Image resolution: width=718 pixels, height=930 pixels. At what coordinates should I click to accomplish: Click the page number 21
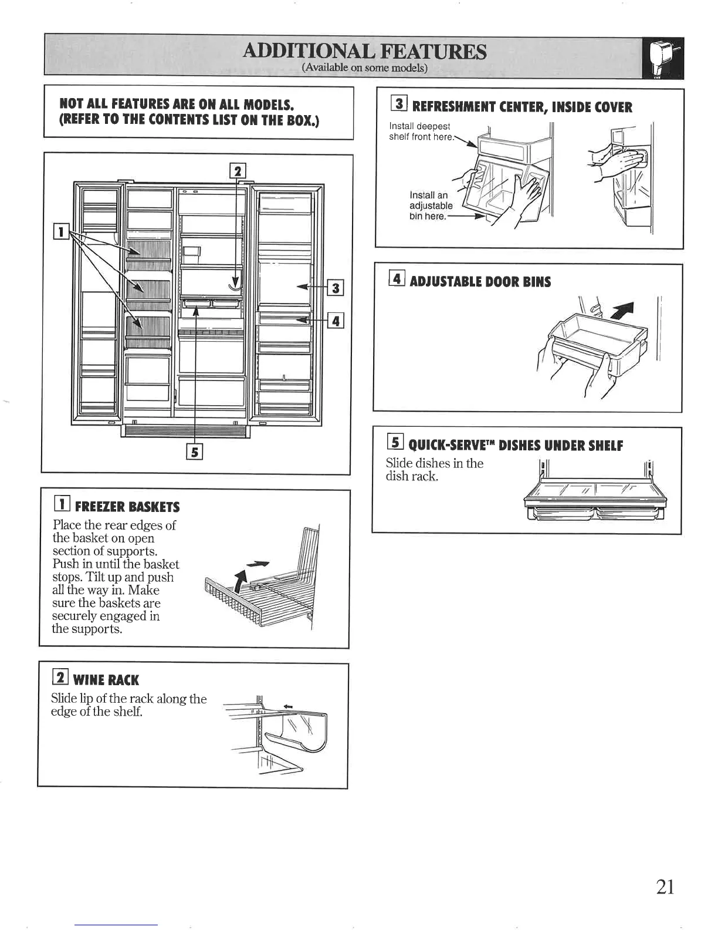(665, 886)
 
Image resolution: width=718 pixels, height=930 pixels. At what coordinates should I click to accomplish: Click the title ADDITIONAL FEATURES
(364, 52)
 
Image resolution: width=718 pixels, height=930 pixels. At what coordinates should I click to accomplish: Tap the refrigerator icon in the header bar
(662, 58)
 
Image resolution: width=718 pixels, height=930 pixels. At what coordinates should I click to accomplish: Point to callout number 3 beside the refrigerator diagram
(336, 288)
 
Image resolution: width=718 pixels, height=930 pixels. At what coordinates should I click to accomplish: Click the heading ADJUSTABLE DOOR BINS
(480, 282)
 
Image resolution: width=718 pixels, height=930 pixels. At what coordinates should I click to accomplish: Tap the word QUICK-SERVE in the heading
(451, 445)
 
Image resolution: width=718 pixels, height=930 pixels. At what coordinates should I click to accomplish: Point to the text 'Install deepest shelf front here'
(421, 132)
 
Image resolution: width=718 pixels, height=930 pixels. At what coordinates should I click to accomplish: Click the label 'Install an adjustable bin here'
(431, 205)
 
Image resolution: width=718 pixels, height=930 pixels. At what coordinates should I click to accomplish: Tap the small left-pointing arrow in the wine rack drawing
(288, 690)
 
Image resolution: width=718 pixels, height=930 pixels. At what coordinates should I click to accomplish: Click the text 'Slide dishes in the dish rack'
(434, 469)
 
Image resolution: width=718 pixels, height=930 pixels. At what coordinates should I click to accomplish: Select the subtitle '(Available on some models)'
(364, 68)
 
